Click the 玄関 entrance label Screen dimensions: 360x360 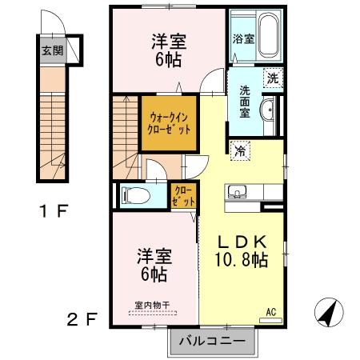51,50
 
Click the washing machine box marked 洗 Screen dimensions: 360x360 273,78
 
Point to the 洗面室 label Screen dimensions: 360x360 241,102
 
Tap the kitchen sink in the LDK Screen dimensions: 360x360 238,193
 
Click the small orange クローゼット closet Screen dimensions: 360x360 183,195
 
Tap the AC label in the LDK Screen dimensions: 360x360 270,311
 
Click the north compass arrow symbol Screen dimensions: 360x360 328,310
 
